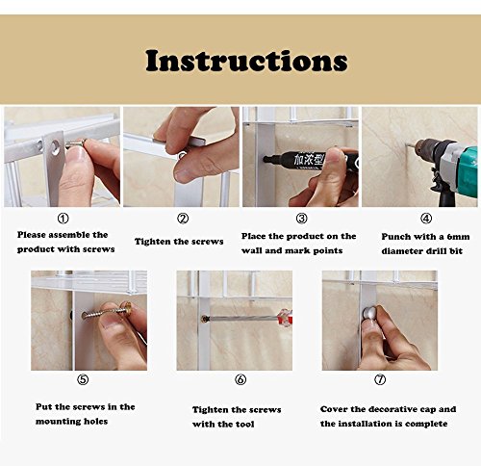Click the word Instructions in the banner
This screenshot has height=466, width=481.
coord(246,61)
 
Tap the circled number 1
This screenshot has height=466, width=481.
coord(63,219)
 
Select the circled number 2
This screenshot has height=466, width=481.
coord(183,219)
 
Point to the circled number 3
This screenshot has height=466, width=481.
coord(301,219)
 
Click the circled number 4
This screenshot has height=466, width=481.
coord(426,219)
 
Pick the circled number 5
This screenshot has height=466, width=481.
coord(83,379)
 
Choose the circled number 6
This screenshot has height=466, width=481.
coord(240,379)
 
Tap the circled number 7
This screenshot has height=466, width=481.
coord(380,379)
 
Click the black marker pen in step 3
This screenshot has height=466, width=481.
coord(311,159)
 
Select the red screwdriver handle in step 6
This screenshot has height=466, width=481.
coord(285,317)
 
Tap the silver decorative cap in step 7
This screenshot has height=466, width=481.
coord(368,314)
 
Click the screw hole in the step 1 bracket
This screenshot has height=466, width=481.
coord(56,147)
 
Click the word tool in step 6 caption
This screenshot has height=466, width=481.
coord(244,425)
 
